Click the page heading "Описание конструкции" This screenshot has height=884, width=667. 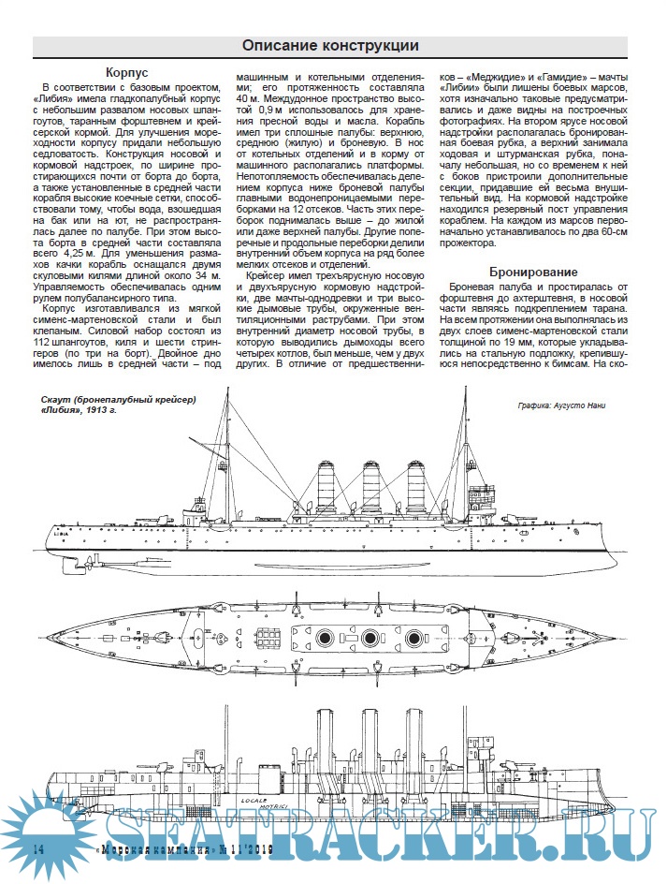[330, 45]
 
